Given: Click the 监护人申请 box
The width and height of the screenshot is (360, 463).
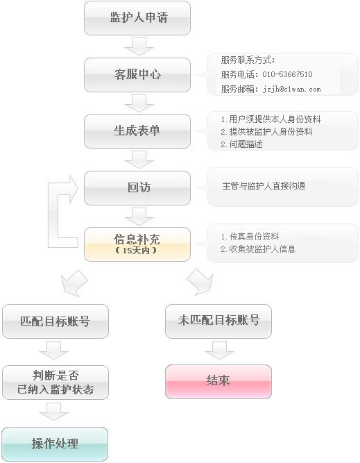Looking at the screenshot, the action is [137, 18].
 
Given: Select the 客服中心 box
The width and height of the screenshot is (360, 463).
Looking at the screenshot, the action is [137, 75].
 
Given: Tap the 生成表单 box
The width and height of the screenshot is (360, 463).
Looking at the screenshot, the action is [137, 131].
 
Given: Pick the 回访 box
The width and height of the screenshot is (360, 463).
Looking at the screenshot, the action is [137, 188].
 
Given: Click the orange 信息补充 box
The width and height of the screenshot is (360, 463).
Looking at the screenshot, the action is [137, 244].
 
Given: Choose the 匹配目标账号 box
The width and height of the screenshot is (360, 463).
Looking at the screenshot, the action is [55, 321].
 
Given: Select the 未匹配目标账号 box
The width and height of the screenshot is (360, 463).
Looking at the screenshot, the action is [218, 321].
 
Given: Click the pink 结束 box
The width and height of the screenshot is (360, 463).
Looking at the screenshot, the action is [218, 382].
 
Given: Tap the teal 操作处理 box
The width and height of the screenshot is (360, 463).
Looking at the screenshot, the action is [55, 444].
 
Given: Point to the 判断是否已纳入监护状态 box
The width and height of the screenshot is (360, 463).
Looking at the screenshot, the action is [55, 382].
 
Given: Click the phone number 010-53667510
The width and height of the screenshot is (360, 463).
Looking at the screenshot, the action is [287, 74].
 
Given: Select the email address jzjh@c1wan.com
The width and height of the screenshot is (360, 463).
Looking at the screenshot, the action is [291, 89].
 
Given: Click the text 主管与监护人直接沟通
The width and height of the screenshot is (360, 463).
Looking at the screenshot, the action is [264, 186].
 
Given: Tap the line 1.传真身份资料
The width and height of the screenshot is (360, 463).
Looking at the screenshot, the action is [250, 237].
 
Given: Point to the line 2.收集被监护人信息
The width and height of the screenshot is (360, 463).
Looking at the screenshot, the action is [258, 249].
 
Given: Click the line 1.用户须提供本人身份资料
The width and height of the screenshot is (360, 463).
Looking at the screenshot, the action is [271, 119].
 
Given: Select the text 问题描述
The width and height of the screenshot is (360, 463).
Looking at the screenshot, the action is [246, 144].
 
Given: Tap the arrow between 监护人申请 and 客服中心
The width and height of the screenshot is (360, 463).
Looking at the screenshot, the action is [139, 47].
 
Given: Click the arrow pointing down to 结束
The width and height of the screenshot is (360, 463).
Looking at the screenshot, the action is [220, 351].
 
